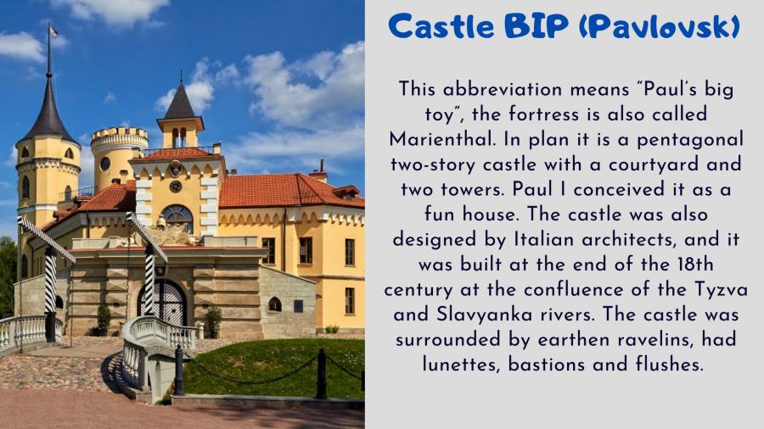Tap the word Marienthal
pos(441,140)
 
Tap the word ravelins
pos(654,339)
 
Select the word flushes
pos(670,365)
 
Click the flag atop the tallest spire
pos(53,31)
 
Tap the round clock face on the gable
pos(176,187)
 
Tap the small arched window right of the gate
pos(275,304)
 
